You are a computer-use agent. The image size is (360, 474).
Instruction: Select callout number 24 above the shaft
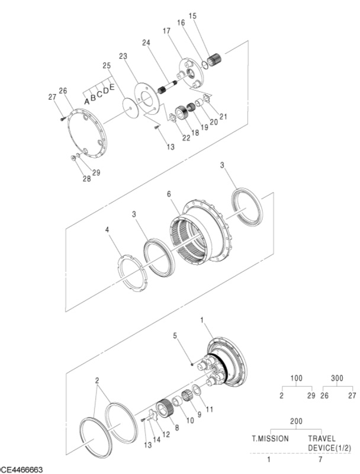tap(146, 42)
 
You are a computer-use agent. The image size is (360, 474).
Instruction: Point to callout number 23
tap(123, 56)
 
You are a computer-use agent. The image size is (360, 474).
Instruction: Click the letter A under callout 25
tap(86, 101)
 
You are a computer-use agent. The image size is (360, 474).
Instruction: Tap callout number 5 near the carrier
tap(175, 336)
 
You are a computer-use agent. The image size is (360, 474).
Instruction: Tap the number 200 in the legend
tap(296, 420)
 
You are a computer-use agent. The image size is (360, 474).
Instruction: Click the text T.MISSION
tap(271, 439)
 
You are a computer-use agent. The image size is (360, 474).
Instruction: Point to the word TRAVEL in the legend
tap(322, 439)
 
